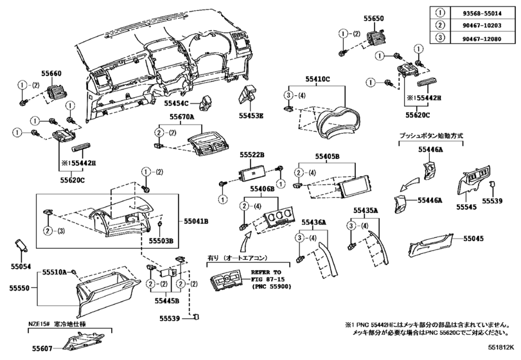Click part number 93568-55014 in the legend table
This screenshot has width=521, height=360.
coord(482,14)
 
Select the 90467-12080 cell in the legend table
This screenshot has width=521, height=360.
coord(482,39)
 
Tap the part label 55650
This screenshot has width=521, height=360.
coord(374,18)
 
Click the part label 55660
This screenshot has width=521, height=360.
coord(51,73)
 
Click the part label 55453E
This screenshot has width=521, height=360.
coord(251,116)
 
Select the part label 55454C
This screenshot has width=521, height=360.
coord(176,104)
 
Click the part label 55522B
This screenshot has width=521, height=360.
coord(252,154)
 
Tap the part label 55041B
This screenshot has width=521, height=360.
coord(197,221)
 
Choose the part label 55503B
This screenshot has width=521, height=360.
coord(161,240)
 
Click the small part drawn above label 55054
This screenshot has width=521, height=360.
coord(22,246)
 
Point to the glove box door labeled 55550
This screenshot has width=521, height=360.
coord(108,292)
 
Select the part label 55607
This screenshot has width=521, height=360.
coord(42,348)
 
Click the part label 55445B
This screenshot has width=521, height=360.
coord(167,301)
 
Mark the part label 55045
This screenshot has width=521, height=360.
coord(473,239)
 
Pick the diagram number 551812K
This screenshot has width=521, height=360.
coord(500,347)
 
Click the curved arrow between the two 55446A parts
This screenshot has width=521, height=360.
coord(409,184)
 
